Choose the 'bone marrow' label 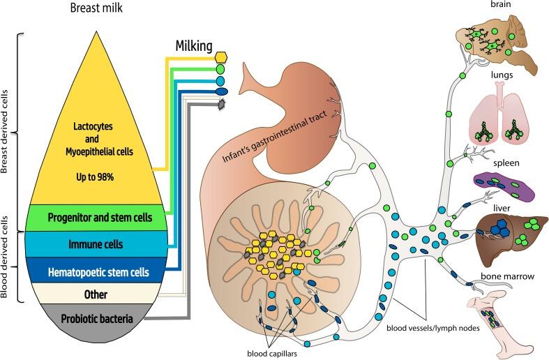coord(498,277)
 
